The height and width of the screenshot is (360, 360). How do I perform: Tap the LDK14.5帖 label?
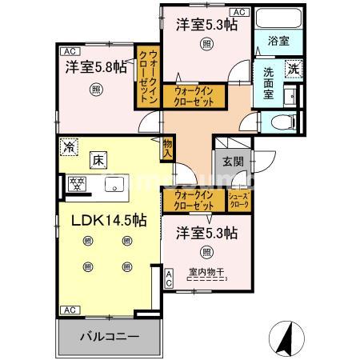coord(98,217)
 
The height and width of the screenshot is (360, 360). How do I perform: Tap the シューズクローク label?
coord(239,200)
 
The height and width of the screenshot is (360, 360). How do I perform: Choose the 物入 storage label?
coord(167,146)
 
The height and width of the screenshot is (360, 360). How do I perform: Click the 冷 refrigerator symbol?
coord(70,147)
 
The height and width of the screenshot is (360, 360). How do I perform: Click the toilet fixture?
coord(281,122)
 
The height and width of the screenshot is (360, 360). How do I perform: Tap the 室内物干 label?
coord(206,274)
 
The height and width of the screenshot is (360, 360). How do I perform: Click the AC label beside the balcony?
coord(70,310)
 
